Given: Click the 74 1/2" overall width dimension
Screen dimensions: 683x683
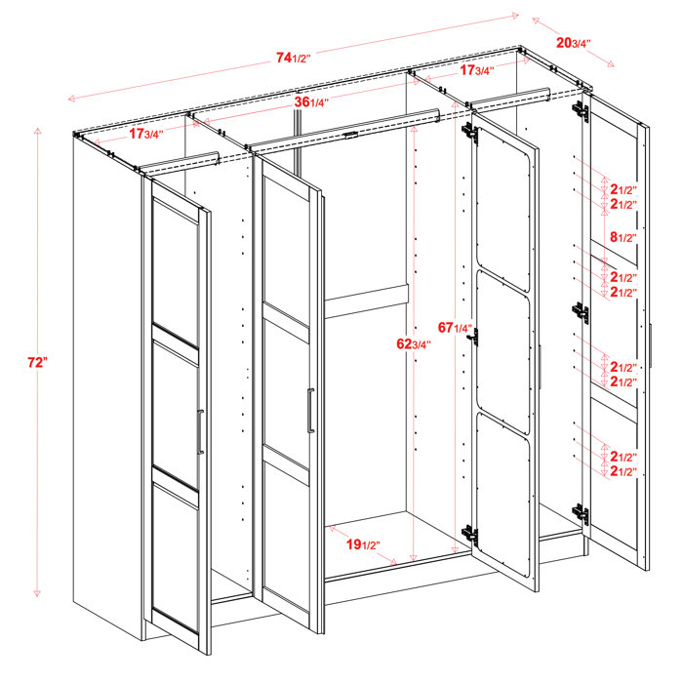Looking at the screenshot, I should pyautogui.click(x=293, y=58).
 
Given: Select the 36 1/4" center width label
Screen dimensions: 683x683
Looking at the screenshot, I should pyautogui.click(x=312, y=102).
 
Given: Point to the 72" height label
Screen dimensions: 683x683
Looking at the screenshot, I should pyautogui.click(x=37, y=362).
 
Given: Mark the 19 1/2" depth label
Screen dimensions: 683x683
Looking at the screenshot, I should pyautogui.click(x=364, y=544).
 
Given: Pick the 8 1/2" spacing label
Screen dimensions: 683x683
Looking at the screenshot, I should pyautogui.click(x=623, y=237).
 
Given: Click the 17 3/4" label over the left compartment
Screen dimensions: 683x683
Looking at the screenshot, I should pyautogui.click(x=144, y=134).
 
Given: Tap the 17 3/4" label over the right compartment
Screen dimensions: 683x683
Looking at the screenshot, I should pyautogui.click(x=476, y=70).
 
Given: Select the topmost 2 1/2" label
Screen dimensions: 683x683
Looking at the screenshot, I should pyautogui.click(x=623, y=189).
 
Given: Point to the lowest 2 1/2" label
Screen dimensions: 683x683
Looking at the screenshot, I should pyautogui.click(x=623, y=471).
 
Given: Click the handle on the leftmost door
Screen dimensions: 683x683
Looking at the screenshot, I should pyautogui.click(x=199, y=432).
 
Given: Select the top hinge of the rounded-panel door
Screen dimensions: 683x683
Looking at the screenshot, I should pyautogui.click(x=470, y=132).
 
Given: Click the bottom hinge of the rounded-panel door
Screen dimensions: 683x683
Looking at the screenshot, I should pyautogui.click(x=470, y=534).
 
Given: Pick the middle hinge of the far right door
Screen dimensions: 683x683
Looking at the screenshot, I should pyautogui.click(x=583, y=312).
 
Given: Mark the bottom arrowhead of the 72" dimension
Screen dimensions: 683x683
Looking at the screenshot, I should pyautogui.click(x=37, y=592).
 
